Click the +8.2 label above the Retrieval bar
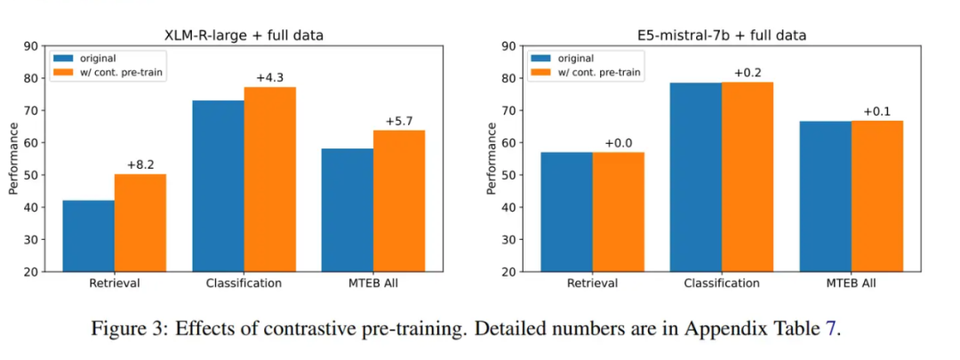[140, 164]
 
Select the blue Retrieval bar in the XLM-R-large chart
[88, 236]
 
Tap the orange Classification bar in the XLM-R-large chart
[269, 179]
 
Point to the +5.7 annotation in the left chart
[399, 121]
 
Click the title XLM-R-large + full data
[243, 36]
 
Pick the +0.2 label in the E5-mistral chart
[748, 72]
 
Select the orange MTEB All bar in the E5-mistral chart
[876, 196]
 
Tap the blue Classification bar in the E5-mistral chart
[696, 177]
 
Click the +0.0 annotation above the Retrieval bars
[619, 142]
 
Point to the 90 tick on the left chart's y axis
[30, 46]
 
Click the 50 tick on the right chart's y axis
[508, 175]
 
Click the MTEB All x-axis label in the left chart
[373, 284]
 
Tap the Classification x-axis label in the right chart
[722, 284]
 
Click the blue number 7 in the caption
[831, 329]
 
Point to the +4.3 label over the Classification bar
[269, 77]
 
